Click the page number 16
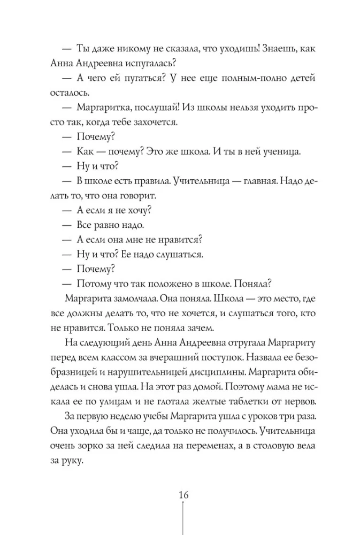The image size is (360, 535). tap(183, 494)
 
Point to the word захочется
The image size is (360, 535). tap(166, 121)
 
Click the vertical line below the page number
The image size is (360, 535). tap(183, 519)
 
